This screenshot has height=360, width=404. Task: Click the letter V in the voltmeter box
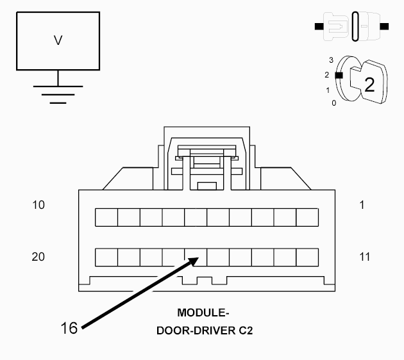click(x=58, y=40)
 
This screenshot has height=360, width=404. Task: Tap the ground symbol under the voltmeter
click(x=58, y=94)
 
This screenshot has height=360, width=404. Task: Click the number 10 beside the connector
click(x=38, y=205)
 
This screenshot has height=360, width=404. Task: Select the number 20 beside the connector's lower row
click(x=38, y=257)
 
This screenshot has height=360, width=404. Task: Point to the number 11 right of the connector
click(x=364, y=257)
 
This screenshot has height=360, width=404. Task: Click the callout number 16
click(x=69, y=328)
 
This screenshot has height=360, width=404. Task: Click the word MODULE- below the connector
click(x=203, y=313)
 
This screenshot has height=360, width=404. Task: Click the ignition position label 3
click(x=330, y=60)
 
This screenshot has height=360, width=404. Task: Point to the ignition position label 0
click(x=333, y=102)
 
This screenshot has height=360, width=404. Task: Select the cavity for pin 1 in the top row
click(x=307, y=217)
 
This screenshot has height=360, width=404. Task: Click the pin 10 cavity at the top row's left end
click(x=106, y=217)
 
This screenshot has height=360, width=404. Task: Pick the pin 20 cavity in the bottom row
click(x=106, y=258)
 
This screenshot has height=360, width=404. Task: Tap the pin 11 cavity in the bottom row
click(x=307, y=258)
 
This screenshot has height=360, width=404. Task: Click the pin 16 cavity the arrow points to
click(x=196, y=258)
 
